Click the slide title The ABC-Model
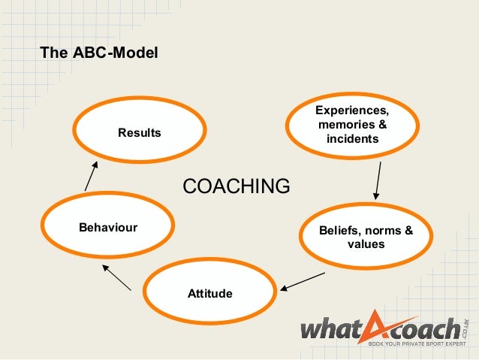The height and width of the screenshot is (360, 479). click(98, 53)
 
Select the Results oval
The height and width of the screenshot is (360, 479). click(140, 133)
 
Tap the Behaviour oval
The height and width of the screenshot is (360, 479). click(108, 227)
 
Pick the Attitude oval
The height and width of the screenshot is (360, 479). click(209, 292)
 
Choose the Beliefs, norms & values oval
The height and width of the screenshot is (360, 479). click(366, 237)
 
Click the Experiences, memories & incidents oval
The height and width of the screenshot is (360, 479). click(352, 126)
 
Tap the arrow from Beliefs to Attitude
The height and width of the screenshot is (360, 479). click(303, 280)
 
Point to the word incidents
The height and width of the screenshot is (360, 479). click(352, 139)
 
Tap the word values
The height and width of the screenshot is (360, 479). click(366, 244)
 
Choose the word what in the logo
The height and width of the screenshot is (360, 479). click(336, 330)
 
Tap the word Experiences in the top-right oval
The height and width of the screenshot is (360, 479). click(352, 112)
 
